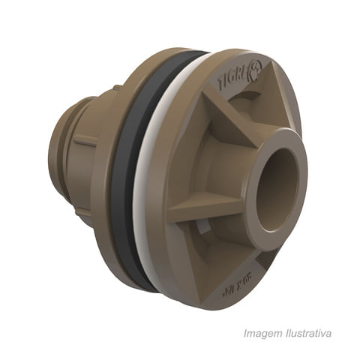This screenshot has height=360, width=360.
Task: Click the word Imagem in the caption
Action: [x=259, y=333]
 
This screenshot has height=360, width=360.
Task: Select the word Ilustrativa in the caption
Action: [x=307, y=333]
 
